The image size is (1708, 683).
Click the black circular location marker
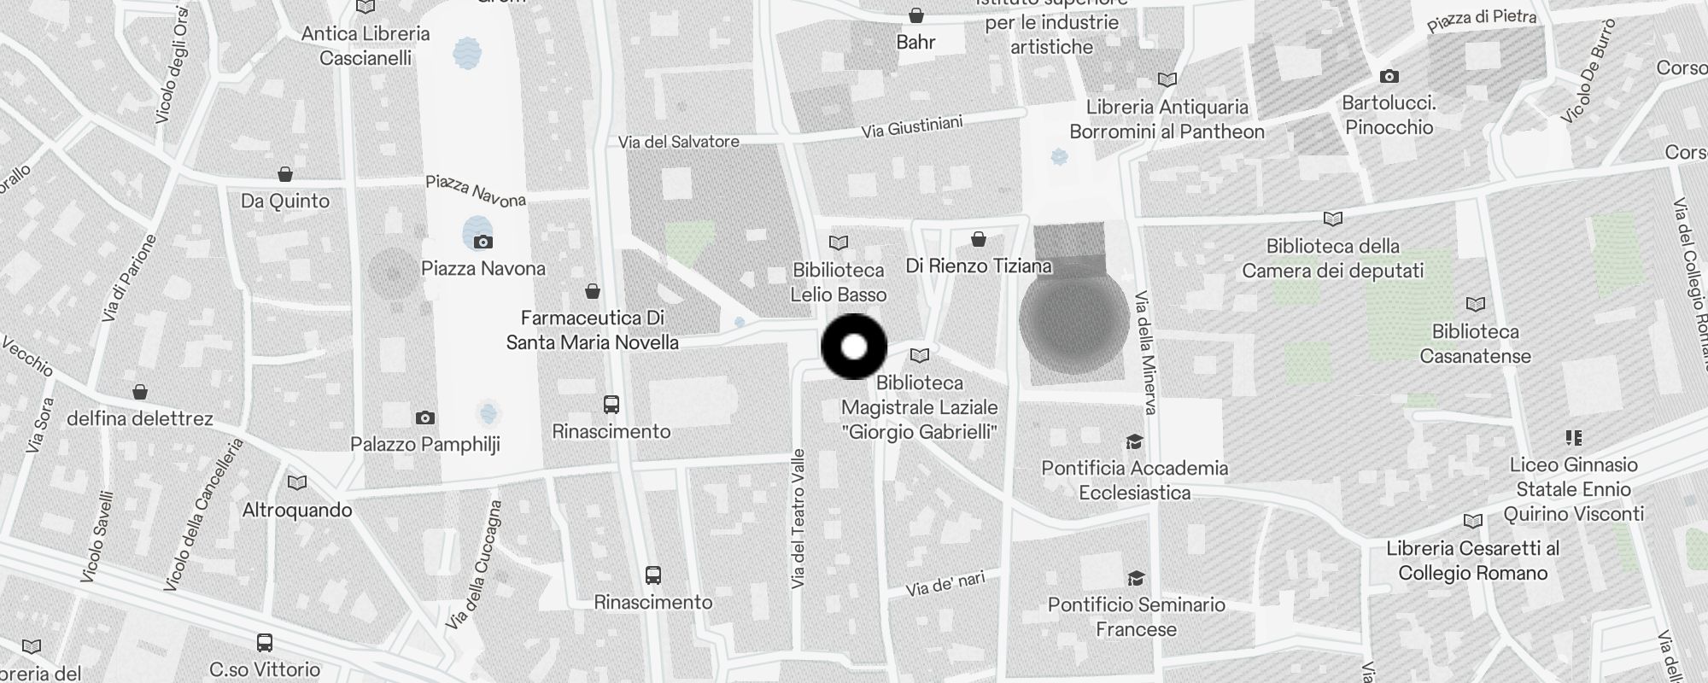[x=854, y=347]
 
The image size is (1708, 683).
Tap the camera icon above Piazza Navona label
[x=483, y=242]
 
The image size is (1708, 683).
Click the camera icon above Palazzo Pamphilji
[x=425, y=417]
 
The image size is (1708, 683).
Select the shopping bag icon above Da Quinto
[x=285, y=175]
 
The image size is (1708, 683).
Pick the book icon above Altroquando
[x=297, y=483]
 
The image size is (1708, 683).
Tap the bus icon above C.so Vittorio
[x=265, y=643]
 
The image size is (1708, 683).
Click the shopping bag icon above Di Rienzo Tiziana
[x=979, y=239]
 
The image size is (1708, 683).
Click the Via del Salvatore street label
[x=679, y=142]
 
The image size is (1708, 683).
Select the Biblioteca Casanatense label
[x=1475, y=343]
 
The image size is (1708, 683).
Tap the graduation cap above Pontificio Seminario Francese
[x=1136, y=579]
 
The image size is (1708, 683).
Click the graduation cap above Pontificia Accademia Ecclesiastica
[x=1134, y=442]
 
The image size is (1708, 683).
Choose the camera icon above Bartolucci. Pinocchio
[x=1389, y=77]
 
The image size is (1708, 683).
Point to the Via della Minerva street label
[x=1145, y=353]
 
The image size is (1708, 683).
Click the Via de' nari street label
[x=945, y=585]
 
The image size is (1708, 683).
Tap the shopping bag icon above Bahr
[x=916, y=15]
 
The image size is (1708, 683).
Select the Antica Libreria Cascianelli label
[x=366, y=46]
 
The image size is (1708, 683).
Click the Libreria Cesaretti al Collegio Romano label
[x=1472, y=560]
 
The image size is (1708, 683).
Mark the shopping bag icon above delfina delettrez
[x=140, y=392]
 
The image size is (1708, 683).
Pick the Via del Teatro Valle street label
[x=798, y=518]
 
